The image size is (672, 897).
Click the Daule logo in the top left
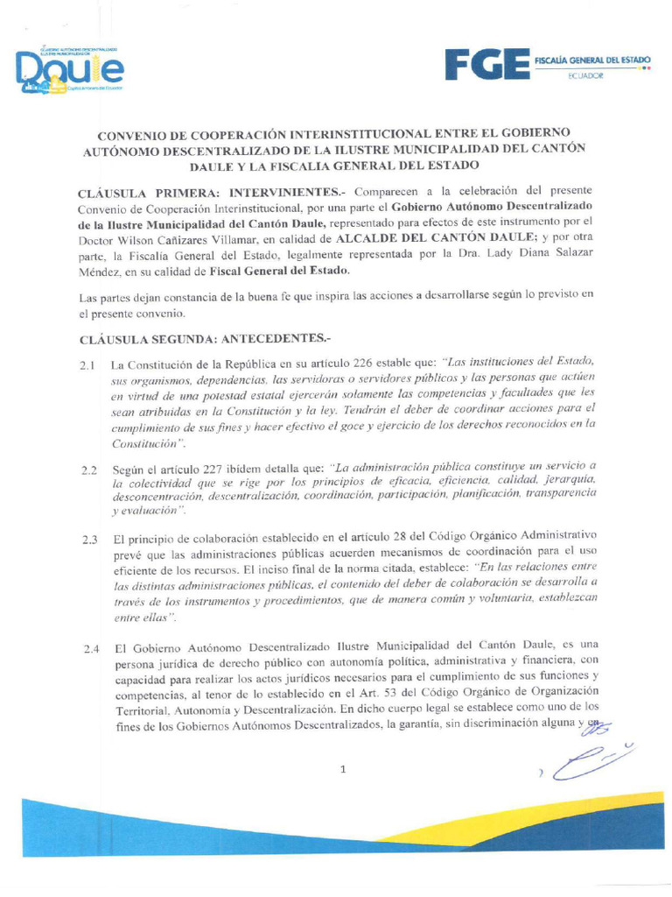pyautogui.click(x=70, y=70)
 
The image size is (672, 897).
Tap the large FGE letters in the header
pyautogui.click(x=486, y=65)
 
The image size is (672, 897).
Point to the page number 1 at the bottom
pyautogui.click(x=343, y=769)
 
